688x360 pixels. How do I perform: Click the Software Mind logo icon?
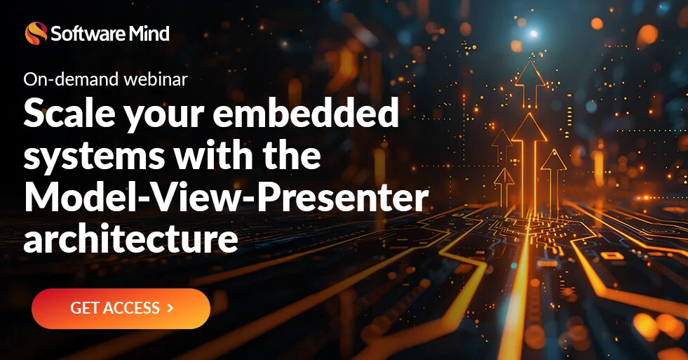point(36,32)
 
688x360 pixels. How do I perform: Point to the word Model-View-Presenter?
point(225,197)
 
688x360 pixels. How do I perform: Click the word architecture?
point(130,238)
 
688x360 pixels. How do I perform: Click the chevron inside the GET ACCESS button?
point(170,308)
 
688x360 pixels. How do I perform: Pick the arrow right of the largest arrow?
point(553,164)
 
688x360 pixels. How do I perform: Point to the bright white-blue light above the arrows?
point(533,33)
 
